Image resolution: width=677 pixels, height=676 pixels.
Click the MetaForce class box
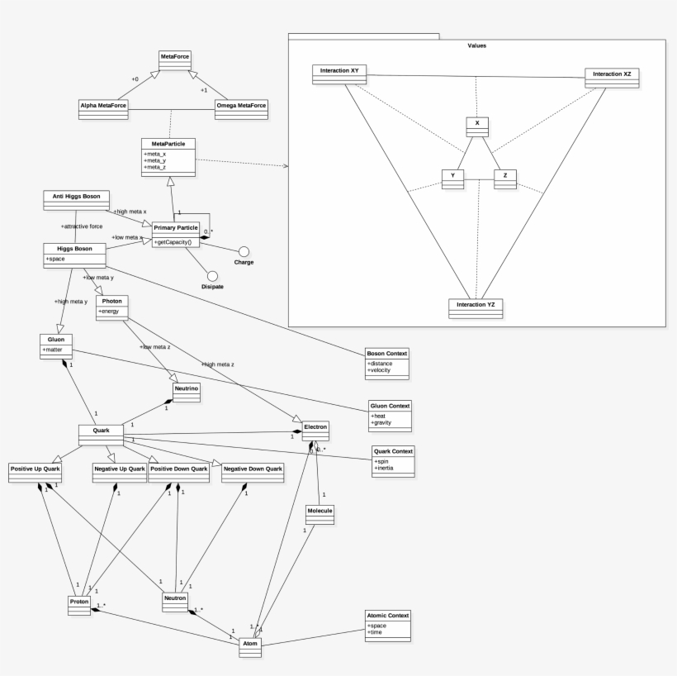point(175,60)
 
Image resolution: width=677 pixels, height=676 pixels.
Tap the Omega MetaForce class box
point(241,109)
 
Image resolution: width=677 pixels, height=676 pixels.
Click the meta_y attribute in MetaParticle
point(154,160)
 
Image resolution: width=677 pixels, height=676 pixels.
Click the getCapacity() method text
point(173,242)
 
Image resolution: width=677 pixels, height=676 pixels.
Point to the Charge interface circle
point(244,250)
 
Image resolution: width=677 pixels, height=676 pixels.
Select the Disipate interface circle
point(212,275)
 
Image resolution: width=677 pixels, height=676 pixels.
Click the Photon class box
point(112,306)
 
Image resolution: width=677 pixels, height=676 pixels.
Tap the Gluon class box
point(57,344)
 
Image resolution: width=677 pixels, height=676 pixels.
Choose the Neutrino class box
point(186,390)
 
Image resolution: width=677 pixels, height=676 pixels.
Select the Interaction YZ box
point(475,308)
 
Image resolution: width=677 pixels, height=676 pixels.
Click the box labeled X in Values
point(476,126)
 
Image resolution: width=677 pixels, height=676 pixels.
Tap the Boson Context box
point(387,361)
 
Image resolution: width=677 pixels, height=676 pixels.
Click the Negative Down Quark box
point(253,472)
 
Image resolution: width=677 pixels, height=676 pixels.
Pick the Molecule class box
point(319,515)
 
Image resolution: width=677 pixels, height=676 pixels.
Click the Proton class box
point(79,606)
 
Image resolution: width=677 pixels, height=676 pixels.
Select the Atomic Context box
point(387,625)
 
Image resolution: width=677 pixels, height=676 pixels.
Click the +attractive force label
point(82,225)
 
